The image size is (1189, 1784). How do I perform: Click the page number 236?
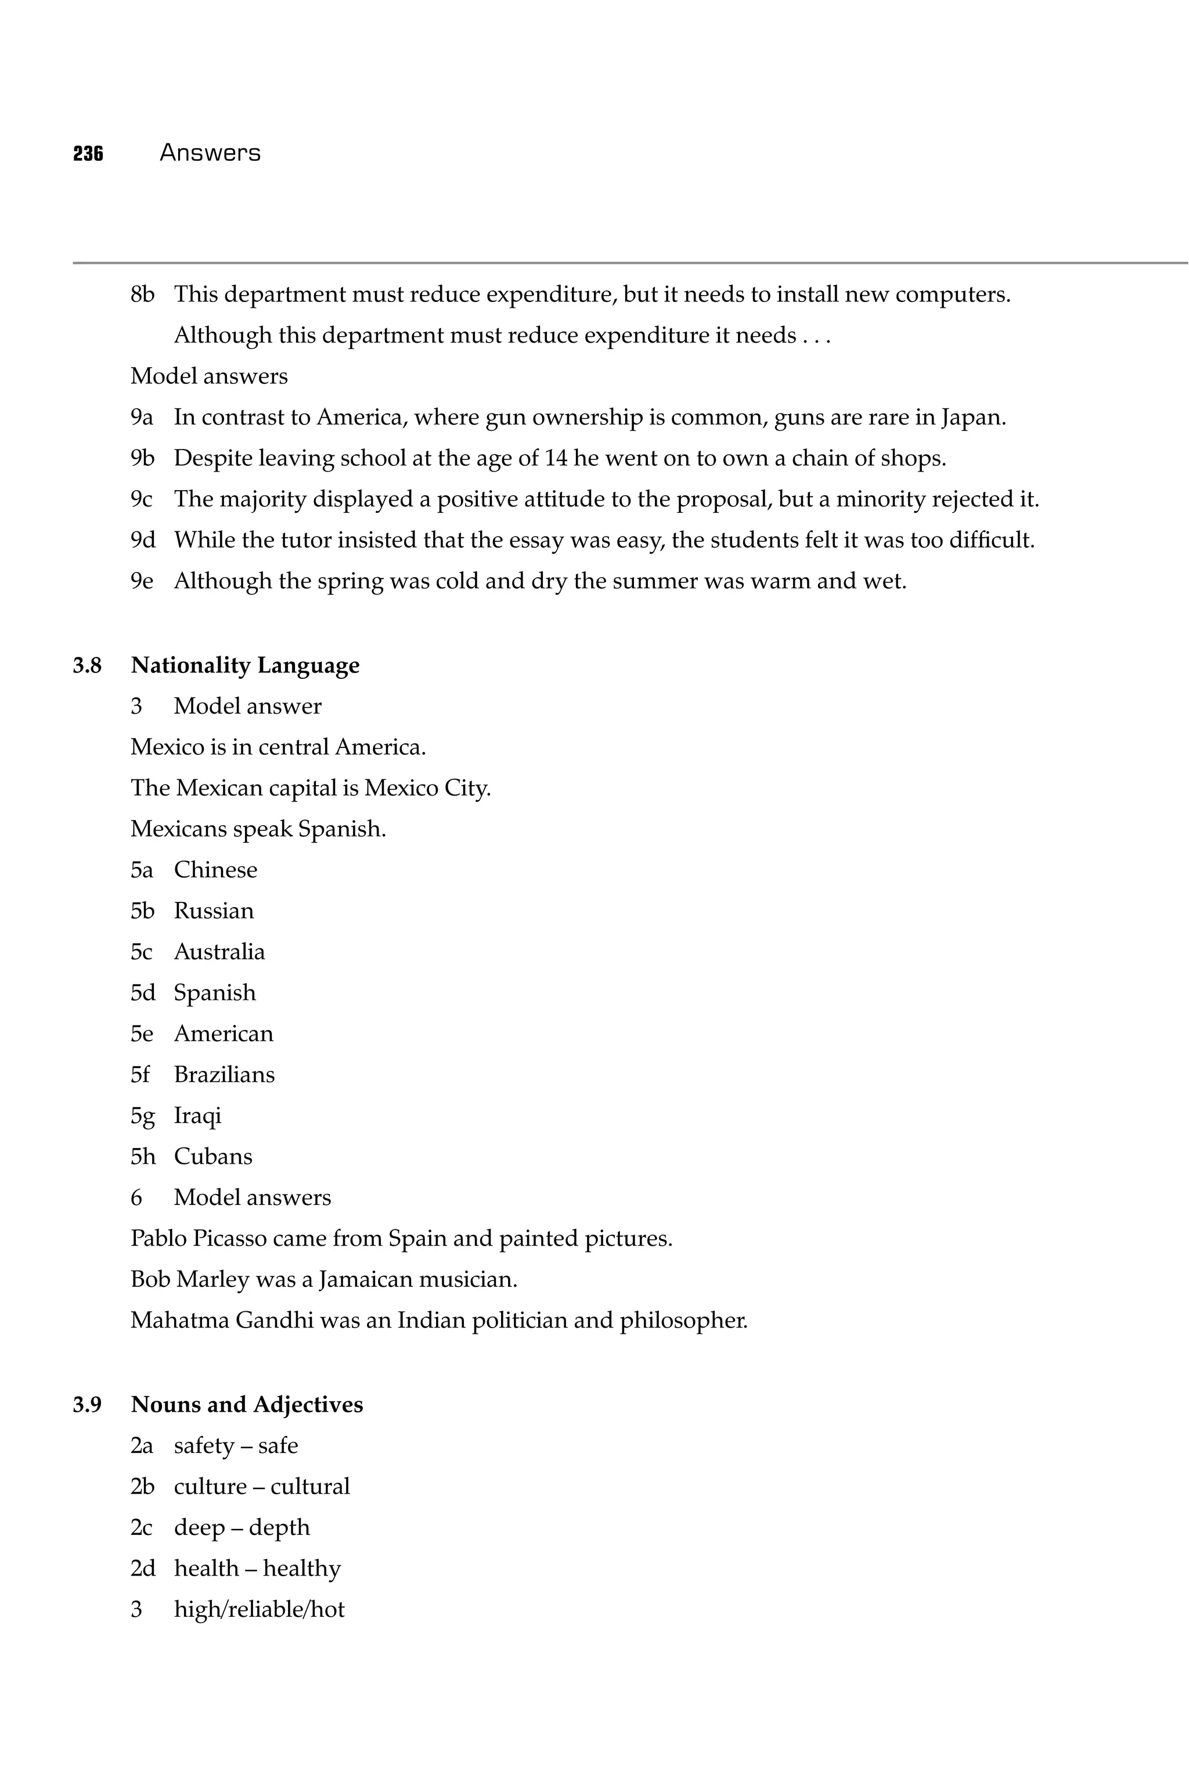tap(88, 153)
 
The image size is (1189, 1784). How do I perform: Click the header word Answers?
tap(210, 153)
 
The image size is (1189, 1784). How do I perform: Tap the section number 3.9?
tap(87, 1404)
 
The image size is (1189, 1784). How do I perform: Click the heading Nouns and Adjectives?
tap(246, 1404)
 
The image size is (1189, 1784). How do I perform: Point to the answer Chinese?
tap(215, 869)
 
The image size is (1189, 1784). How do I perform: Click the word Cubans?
tap(213, 1156)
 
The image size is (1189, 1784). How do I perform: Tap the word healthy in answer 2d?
tap(302, 1568)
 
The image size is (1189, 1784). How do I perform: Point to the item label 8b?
tap(142, 294)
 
